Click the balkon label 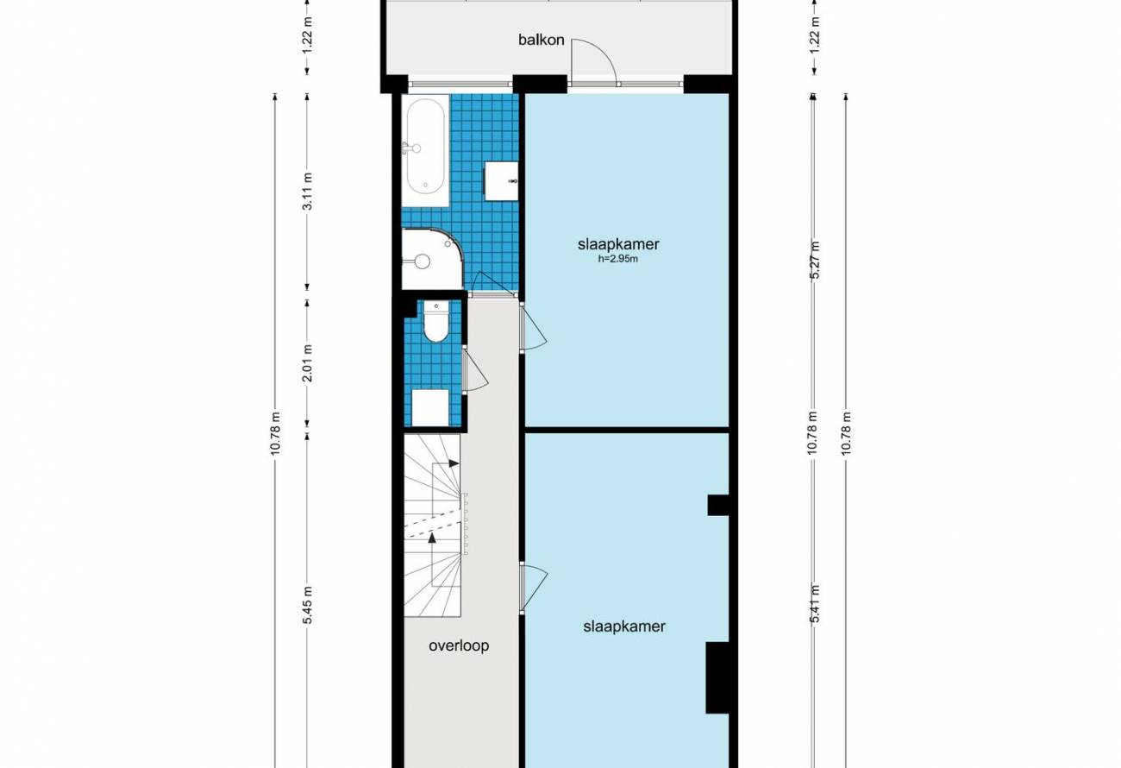click(541, 40)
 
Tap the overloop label click(459, 645)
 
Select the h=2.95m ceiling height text click(618, 260)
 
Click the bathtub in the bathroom click(425, 151)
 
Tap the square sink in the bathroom click(501, 180)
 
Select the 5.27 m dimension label click(815, 261)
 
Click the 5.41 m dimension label click(815, 604)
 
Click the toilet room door click(474, 370)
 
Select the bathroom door click(496, 283)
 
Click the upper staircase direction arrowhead click(454, 463)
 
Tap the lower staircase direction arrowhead click(432, 538)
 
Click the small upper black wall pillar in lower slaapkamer click(718, 505)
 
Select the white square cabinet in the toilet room click(430, 407)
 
